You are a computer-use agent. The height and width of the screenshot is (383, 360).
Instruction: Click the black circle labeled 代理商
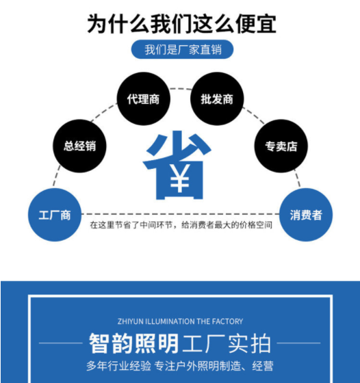click(x=144, y=98)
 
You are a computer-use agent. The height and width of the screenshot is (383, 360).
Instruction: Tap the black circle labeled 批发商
click(x=217, y=98)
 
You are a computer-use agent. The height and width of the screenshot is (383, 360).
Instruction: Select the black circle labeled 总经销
click(x=79, y=146)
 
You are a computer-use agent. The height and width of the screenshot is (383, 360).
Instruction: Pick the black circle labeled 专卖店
click(x=281, y=146)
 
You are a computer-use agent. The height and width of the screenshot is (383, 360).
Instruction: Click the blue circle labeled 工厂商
click(x=55, y=215)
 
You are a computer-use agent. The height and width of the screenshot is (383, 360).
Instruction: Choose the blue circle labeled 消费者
click(x=306, y=215)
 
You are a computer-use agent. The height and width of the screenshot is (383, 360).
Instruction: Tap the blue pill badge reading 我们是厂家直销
click(x=182, y=49)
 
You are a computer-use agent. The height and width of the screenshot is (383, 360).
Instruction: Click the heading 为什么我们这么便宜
click(x=182, y=24)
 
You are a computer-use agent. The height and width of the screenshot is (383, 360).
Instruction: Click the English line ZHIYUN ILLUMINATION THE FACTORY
click(x=181, y=321)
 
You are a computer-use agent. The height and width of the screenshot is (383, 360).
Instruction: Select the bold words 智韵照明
click(x=133, y=343)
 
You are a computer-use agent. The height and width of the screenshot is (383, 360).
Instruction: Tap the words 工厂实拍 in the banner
click(x=227, y=343)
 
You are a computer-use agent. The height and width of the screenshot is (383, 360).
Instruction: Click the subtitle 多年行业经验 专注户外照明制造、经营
click(x=180, y=366)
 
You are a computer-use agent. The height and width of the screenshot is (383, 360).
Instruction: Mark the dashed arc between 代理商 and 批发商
click(x=181, y=89)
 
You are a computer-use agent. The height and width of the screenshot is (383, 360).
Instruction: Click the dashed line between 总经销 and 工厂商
click(x=57, y=176)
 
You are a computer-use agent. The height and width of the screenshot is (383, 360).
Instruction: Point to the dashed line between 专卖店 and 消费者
click(x=297, y=178)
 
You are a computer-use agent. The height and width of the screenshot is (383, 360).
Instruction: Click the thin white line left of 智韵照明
click(x=61, y=343)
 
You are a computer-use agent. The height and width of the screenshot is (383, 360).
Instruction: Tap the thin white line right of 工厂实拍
click(x=298, y=343)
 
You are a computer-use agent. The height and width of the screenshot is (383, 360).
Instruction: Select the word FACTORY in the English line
click(x=227, y=321)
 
